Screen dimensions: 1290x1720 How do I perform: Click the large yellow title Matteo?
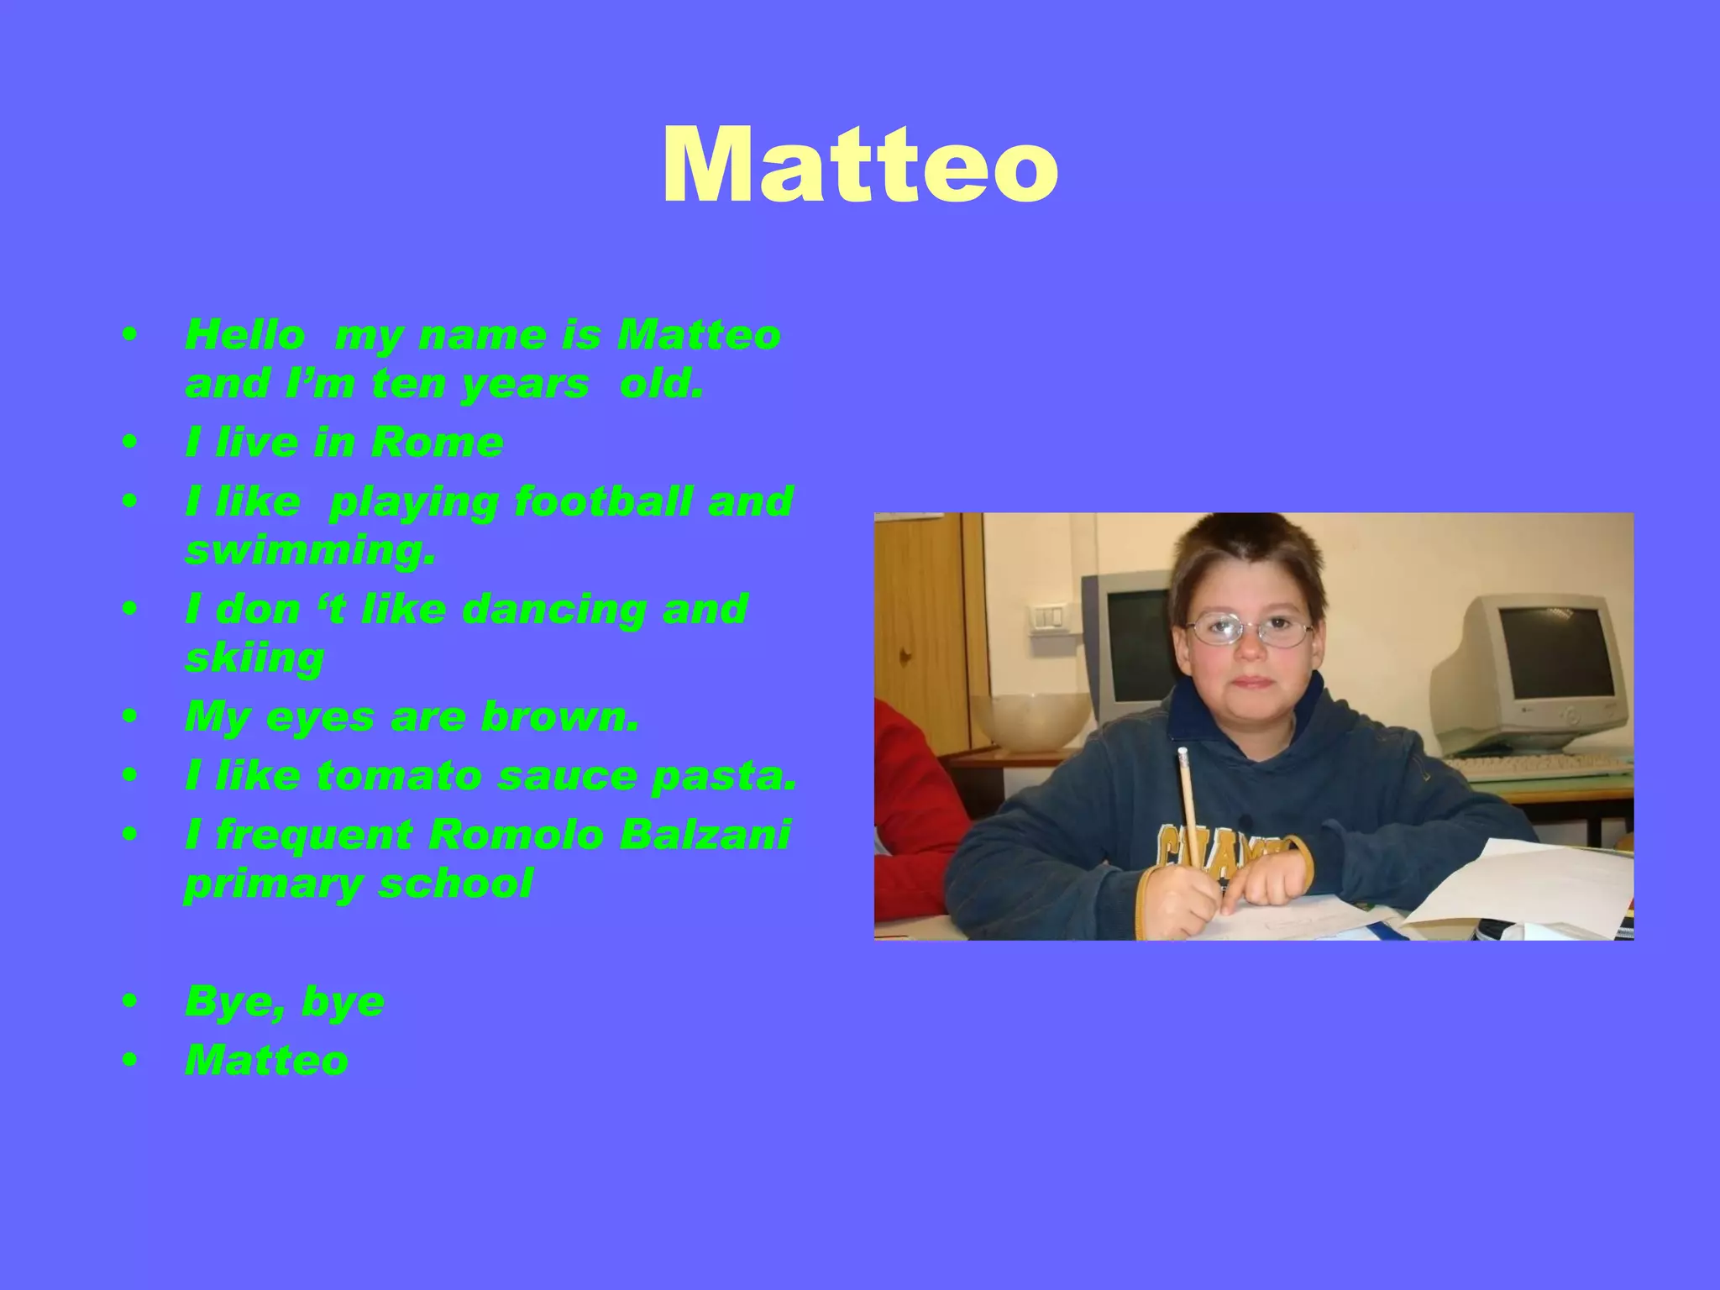coord(859,165)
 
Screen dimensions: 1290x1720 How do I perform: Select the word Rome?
coord(437,443)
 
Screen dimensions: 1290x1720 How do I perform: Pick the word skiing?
coord(254,659)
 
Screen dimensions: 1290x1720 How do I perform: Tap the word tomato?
coord(399,775)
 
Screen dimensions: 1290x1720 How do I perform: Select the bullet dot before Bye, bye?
coord(128,1001)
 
